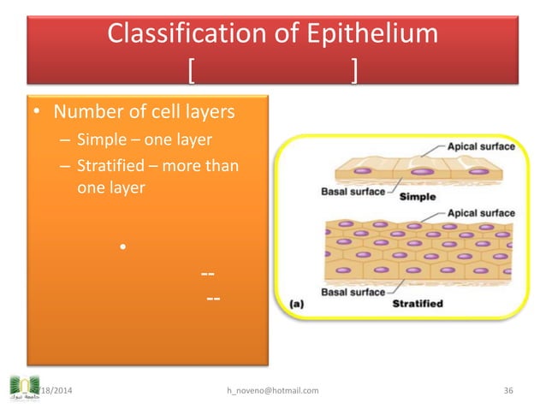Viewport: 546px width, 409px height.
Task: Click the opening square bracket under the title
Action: pyautogui.click(x=192, y=71)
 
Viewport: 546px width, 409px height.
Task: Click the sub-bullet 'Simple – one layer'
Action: pyautogui.click(x=144, y=140)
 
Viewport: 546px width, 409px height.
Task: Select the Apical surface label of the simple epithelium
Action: pyautogui.click(x=480, y=147)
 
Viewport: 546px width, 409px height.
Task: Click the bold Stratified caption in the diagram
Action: pyautogui.click(x=417, y=303)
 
